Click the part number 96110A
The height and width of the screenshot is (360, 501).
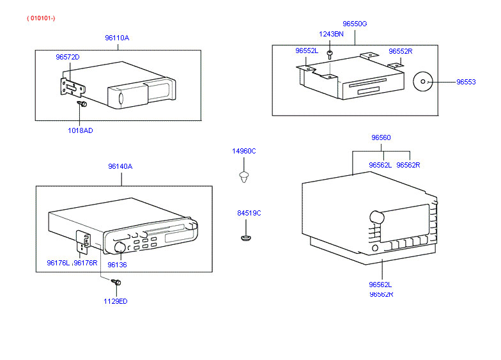pos(117,38)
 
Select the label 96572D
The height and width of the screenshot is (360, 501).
pos(67,57)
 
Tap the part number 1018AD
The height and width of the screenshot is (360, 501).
pos(81,130)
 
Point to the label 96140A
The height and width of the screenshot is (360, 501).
pos(120,166)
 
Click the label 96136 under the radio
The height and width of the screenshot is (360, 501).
pos(116,264)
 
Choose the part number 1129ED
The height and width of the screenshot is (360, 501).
pos(116,301)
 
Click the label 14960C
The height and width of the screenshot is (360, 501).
pos(243,151)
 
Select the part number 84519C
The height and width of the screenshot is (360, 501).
pos(249,213)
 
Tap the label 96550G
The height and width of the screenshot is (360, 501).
pos(355,24)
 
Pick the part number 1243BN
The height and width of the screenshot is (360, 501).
pos(331,34)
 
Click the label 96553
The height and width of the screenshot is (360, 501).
pos(466,82)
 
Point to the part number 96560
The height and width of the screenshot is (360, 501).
pos(381,137)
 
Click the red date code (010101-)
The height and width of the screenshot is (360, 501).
pos(41,18)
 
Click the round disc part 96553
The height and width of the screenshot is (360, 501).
pos(423,82)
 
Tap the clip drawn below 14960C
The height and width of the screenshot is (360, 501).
pos(243,176)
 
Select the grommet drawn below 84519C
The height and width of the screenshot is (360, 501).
pos(247,239)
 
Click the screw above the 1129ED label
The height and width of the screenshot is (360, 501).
pos(116,281)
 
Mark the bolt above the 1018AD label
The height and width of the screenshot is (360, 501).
pos(82,104)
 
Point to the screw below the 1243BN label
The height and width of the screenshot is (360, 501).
pos(330,54)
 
